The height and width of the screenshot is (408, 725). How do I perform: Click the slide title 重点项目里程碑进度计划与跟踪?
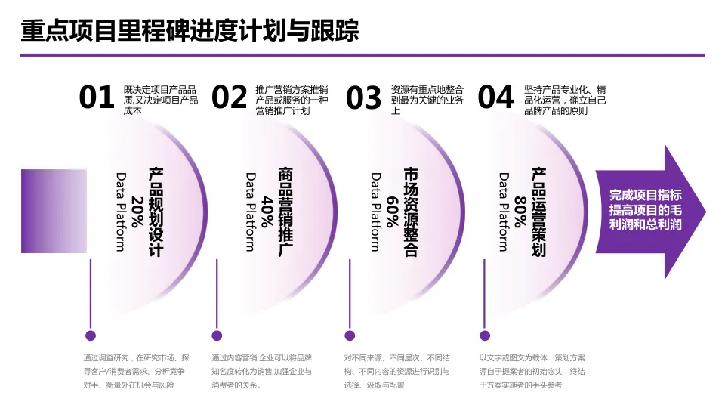190,31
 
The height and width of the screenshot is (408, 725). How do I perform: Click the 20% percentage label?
137,212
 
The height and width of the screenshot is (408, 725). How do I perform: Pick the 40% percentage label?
267,212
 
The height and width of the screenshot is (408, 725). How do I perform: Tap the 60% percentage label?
392,212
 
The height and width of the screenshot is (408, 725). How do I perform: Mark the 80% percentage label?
520,212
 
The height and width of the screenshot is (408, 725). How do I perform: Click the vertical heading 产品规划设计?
156,212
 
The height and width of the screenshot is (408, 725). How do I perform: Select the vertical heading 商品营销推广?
285,212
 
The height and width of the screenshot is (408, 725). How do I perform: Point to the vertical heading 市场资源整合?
410,212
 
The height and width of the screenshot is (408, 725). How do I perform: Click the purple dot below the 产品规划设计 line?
91,335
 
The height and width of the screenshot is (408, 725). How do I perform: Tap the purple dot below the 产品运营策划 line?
483,335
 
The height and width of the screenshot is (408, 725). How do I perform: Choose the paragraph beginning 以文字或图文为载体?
532,371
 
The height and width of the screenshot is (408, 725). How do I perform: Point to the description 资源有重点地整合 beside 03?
427,100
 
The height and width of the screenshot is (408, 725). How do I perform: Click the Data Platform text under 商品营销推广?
251,212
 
